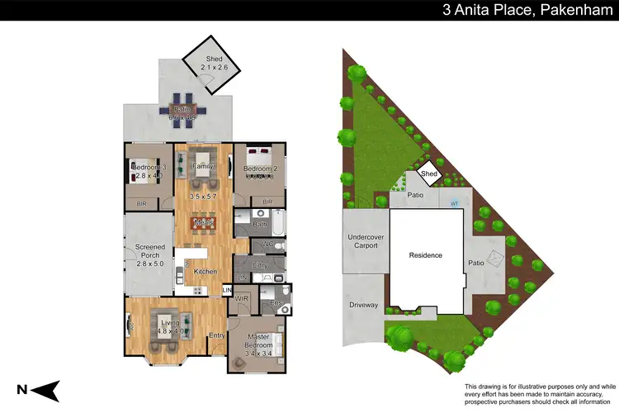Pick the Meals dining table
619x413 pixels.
[205, 222]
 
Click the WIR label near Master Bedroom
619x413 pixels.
[243, 298]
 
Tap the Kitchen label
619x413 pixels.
[206, 271]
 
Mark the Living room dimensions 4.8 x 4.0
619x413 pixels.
[170, 332]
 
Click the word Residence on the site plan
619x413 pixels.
[425, 255]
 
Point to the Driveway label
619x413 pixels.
[363, 306]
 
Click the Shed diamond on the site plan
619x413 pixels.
[429, 173]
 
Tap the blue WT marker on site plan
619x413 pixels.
[454, 202]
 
